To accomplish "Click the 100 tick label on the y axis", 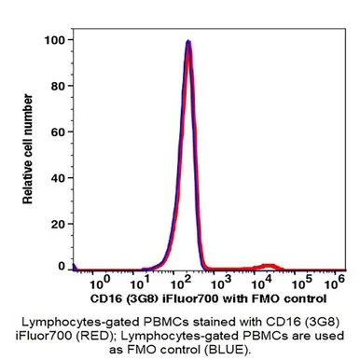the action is (x=54, y=40).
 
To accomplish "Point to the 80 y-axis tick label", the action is (x=58, y=86).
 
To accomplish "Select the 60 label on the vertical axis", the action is (x=58, y=132).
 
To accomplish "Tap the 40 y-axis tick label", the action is (x=58, y=178).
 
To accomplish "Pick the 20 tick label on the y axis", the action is (x=58, y=224).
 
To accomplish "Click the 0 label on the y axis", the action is (x=62, y=266).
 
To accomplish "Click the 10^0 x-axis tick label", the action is (x=100, y=282).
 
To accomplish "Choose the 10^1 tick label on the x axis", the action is (x=140, y=282).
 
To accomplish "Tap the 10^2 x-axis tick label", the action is (x=181, y=282).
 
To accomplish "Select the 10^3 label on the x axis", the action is (x=221, y=282).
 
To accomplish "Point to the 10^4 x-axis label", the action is (x=261, y=282).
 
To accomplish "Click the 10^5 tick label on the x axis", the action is (x=302, y=282).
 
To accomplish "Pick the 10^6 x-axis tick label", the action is (x=334, y=282).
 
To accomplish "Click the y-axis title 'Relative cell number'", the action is (x=28, y=149).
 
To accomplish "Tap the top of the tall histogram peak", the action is (x=187, y=41).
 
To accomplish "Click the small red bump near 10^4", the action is (x=269, y=267).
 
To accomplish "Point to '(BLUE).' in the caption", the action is (x=227, y=350).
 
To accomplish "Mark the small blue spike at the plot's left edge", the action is (x=74, y=267).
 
